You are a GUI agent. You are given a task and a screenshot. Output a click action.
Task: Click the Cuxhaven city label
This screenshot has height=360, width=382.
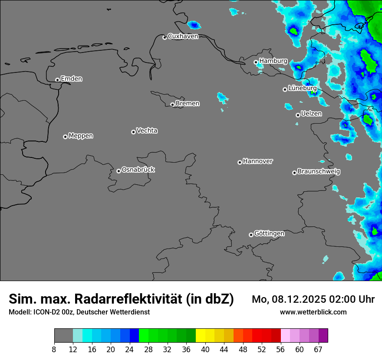tap(183, 36)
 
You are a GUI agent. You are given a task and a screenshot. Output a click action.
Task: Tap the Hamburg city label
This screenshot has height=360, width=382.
tap(273, 61)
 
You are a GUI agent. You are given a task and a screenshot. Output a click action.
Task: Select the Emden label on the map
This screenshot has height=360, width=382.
tap(71, 79)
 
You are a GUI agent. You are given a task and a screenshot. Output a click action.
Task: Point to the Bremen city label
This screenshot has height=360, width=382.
tap(188, 104)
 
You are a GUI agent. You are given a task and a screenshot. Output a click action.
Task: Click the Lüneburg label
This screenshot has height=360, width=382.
tap(302, 88)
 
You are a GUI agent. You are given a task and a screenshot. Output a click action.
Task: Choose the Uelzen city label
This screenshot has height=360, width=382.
tap(311, 114)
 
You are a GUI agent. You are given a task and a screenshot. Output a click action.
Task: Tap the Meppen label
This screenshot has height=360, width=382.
tap(81, 136)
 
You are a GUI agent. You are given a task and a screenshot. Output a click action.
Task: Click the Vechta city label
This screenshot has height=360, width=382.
tap(147, 131)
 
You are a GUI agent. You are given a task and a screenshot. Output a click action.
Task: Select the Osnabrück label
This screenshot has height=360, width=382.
tap(138, 170)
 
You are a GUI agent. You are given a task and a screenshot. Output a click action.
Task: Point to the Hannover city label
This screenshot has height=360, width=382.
tap(258, 161)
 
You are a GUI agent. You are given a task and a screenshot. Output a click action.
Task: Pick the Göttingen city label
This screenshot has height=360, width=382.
tap(269, 234)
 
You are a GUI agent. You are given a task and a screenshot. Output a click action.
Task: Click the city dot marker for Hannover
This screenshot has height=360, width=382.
tap(240, 163)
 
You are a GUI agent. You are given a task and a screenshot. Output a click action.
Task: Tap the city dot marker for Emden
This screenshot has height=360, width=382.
tap(57, 80)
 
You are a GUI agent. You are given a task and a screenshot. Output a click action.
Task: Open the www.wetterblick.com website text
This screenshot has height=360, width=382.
tap(313, 312)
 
